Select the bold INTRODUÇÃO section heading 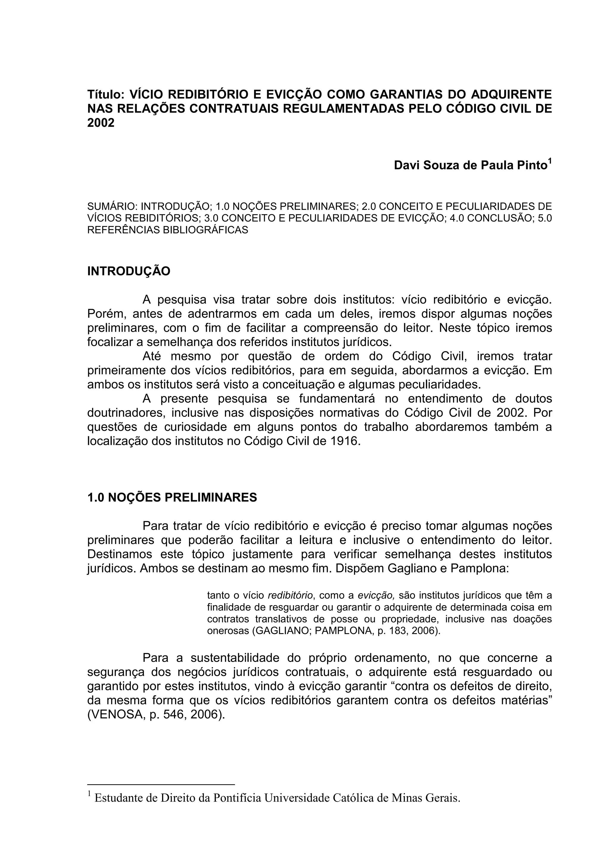tap(129, 271)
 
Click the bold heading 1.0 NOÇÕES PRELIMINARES tap(172, 498)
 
